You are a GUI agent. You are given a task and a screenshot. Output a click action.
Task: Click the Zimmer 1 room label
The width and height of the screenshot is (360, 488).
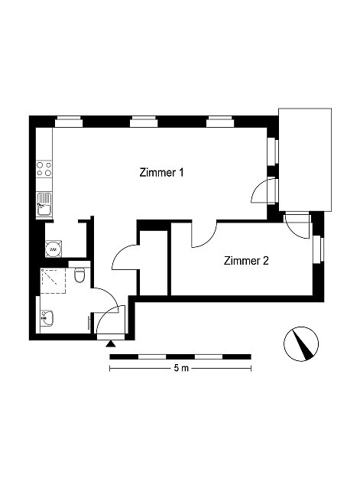[x=162, y=172]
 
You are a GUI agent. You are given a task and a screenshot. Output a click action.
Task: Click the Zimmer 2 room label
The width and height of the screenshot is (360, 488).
[x=246, y=261]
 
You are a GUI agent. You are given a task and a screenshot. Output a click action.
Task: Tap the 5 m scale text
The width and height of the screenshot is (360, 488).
[x=181, y=368]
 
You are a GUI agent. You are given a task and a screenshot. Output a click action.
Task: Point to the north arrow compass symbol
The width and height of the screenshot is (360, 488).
[x=301, y=344]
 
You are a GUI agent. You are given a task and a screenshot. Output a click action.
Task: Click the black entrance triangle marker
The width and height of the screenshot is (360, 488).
[x=111, y=344]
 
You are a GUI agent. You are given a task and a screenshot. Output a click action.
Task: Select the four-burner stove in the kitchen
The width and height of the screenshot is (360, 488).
[x=44, y=169]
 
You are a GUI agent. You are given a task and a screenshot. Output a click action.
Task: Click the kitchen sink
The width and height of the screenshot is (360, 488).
[x=44, y=204]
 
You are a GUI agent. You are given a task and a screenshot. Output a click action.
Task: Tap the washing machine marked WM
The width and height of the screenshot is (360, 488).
[x=54, y=249]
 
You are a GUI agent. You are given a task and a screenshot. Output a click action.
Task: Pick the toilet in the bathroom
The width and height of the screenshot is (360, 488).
[x=79, y=273]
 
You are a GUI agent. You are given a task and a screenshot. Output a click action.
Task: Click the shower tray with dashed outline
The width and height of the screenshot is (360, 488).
[x=54, y=281]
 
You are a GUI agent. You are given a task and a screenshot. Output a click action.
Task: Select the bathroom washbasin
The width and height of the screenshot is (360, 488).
[x=47, y=318]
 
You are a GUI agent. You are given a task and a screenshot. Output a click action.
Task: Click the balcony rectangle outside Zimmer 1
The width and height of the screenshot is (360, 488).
[x=305, y=160]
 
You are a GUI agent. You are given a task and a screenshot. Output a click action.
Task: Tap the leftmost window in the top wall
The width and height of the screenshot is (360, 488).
[x=69, y=122]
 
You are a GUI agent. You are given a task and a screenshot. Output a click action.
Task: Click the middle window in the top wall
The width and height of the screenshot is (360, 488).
[x=144, y=122]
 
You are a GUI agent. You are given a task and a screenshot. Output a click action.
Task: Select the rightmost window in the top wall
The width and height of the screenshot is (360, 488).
[x=220, y=122]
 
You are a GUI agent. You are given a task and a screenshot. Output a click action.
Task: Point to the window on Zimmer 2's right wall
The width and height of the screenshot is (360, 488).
[x=318, y=249]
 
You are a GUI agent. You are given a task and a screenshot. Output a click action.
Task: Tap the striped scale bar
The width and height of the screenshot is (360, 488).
[x=180, y=356]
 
